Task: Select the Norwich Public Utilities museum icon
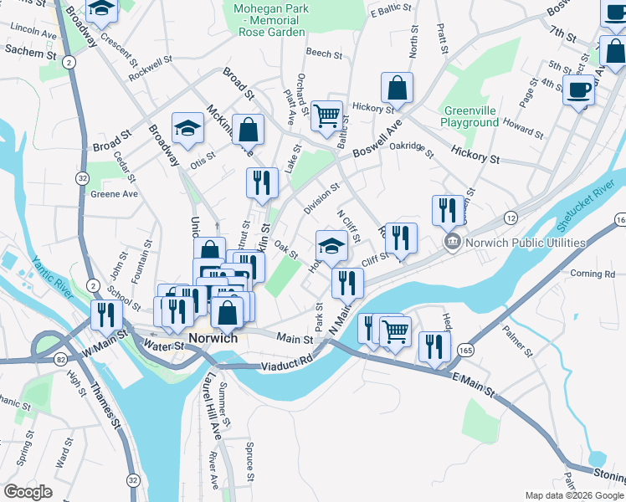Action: pyautogui.click(x=452, y=243)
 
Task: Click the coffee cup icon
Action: pyautogui.click(x=577, y=89)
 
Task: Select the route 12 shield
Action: pyautogui.click(x=510, y=218)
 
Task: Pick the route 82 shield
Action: pyautogui.click(x=61, y=359)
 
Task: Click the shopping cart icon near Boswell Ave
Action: pyautogui.click(x=326, y=115)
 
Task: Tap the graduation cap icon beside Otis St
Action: pyautogui.click(x=187, y=127)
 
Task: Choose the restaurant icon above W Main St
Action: pyautogui.click(x=106, y=314)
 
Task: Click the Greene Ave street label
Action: pyautogui.click(x=114, y=193)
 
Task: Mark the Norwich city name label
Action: pyautogui.click(x=213, y=339)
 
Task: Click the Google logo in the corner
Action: pyautogui.click(x=28, y=492)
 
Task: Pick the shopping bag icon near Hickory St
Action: pyautogui.click(x=397, y=87)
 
